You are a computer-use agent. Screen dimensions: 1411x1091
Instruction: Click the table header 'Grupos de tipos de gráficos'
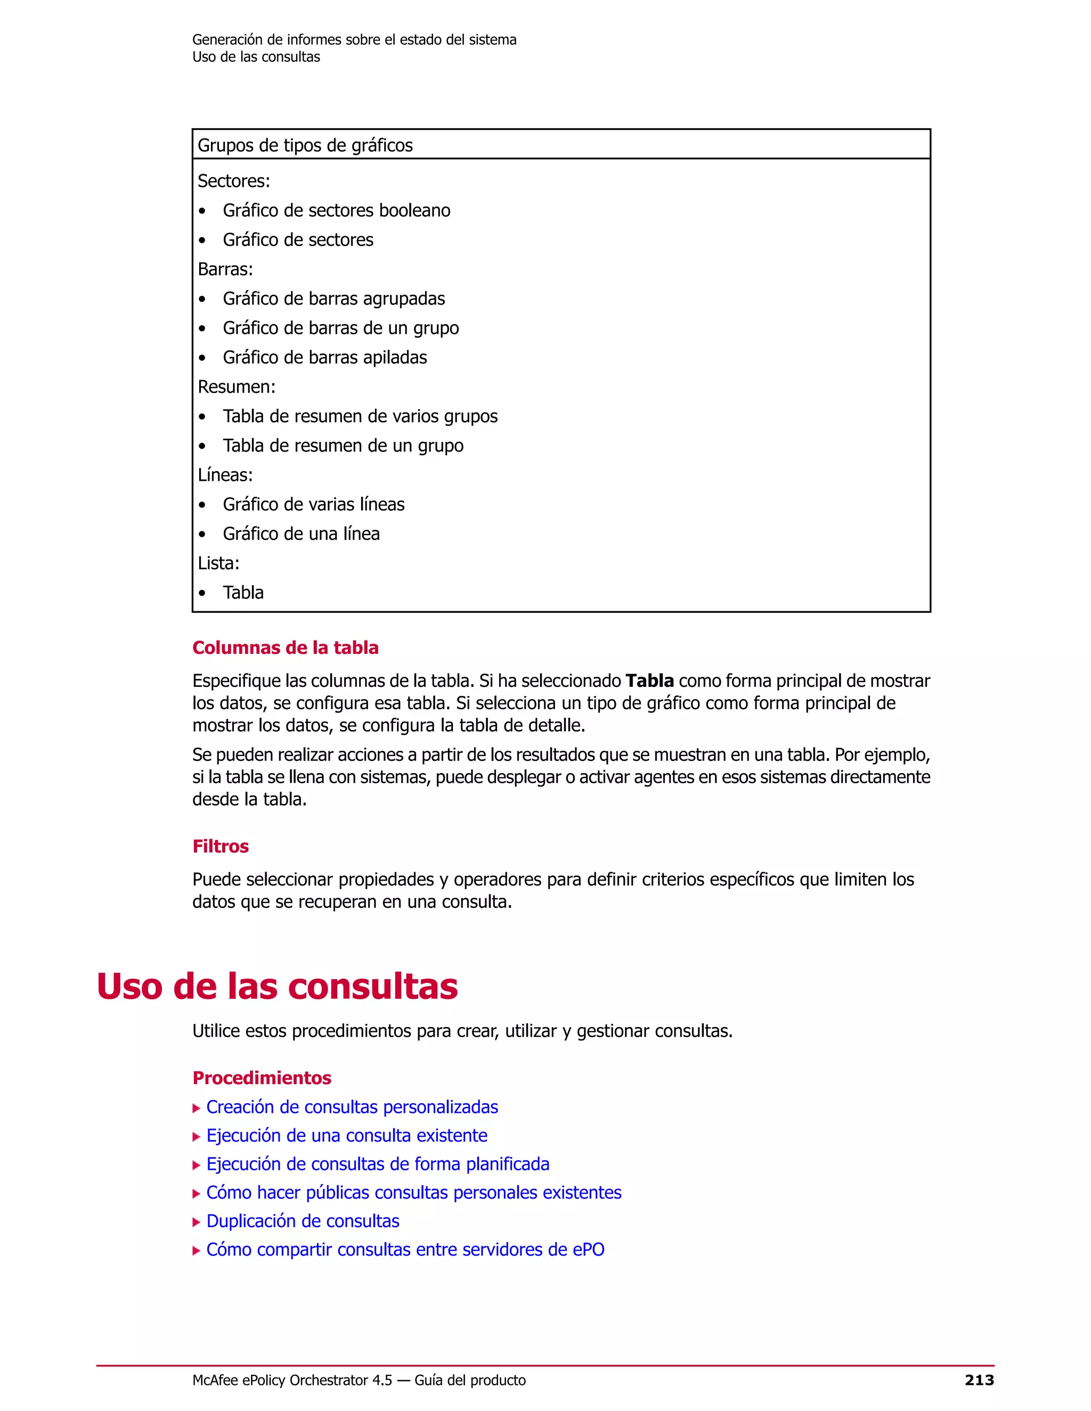coord(305,145)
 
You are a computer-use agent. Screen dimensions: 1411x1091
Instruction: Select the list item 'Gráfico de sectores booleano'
coord(336,211)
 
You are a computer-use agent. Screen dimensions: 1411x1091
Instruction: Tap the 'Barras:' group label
coord(225,269)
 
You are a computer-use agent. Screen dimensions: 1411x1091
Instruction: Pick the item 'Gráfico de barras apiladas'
coord(324,358)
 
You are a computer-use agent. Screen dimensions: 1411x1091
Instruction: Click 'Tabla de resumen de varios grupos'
coord(360,417)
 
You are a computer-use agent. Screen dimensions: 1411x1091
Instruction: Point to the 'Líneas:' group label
coord(225,475)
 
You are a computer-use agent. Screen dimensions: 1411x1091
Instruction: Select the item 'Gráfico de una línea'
coord(301,534)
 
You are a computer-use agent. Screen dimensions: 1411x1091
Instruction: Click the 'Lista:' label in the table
coord(218,563)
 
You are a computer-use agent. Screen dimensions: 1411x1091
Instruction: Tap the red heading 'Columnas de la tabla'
coord(285,648)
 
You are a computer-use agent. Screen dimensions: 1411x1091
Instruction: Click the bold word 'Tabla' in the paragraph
coord(649,681)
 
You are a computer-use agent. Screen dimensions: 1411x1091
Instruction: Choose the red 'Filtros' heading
coord(221,847)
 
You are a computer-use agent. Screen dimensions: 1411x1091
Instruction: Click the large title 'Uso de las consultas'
coord(277,987)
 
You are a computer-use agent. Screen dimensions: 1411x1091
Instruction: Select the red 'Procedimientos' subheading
coord(262,1078)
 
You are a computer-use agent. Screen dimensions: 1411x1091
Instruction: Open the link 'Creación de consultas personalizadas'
coord(352,1108)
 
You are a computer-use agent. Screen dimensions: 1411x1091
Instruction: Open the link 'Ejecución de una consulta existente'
coord(346,1136)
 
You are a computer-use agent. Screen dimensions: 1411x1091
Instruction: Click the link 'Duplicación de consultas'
coord(303,1221)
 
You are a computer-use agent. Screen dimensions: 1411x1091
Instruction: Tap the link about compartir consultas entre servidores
coord(405,1250)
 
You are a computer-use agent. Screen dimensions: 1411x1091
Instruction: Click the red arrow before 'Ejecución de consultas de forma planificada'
coord(197,1166)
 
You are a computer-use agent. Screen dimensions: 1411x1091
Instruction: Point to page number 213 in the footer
coord(979,1381)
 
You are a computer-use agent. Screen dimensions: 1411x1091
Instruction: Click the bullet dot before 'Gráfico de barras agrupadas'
coord(202,299)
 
